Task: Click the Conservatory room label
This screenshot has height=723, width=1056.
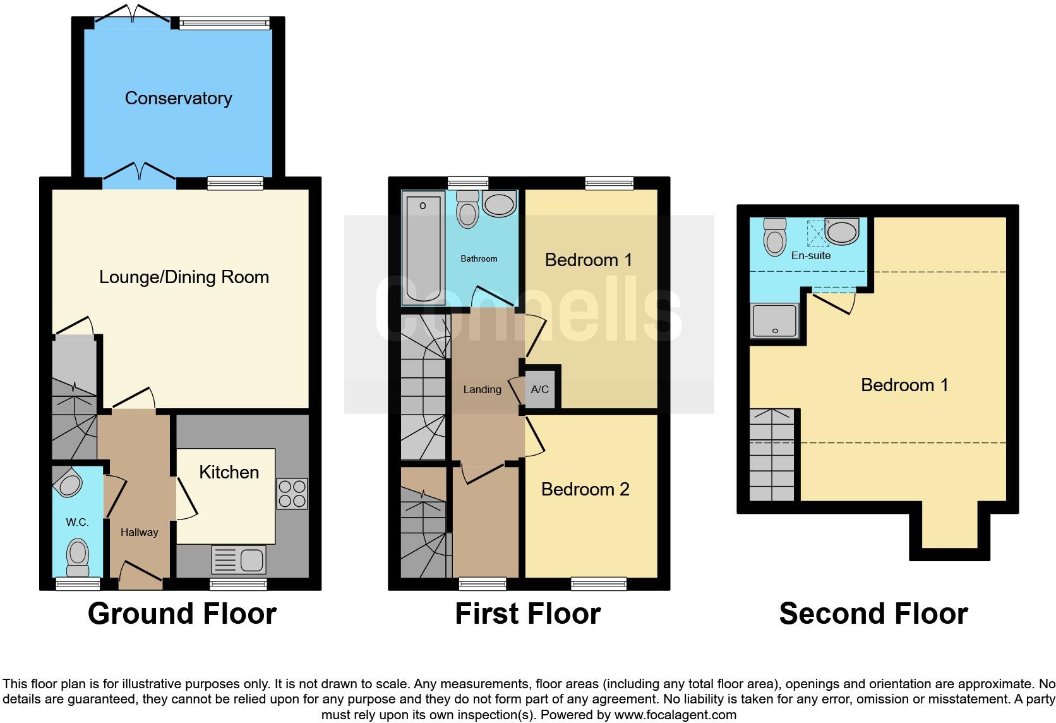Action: [x=178, y=98]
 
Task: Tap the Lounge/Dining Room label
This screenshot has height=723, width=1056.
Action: [x=184, y=277]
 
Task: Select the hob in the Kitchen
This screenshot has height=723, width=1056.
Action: [x=292, y=494]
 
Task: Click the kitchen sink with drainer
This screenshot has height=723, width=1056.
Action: [x=239, y=560]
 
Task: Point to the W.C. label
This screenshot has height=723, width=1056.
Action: [x=77, y=522]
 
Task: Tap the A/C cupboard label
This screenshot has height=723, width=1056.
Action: [x=539, y=389]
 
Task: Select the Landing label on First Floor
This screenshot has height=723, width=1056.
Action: [x=482, y=389]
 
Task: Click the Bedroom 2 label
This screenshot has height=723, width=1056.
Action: [x=585, y=489]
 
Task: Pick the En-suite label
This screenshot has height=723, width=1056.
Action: [x=811, y=255]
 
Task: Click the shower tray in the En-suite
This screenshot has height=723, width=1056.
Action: [x=775, y=321]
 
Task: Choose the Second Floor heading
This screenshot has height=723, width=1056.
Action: [x=873, y=614]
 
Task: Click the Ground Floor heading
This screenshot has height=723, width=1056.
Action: [x=182, y=614]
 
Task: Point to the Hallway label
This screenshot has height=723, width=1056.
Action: [x=139, y=532]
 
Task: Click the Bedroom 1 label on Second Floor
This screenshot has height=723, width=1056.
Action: [x=904, y=385]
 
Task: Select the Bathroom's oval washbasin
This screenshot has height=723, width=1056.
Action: [x=499, y=204]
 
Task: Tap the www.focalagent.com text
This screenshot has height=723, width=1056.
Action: [x=675, y=715]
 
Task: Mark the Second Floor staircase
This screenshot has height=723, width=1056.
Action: [x=772, y=455]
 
